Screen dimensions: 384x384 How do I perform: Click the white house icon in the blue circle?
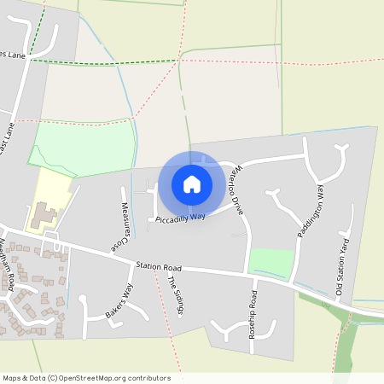(192, 183)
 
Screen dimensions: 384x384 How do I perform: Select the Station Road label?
(160, 266)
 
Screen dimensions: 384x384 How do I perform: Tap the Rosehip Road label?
(253, 314)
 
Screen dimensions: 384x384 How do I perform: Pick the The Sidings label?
(175, 294)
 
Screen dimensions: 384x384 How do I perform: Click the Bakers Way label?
(120, 303)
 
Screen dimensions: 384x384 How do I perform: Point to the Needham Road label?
(8, 264)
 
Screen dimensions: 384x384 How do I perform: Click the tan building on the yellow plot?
(42, 215)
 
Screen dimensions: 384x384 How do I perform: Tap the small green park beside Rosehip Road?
(271, 262)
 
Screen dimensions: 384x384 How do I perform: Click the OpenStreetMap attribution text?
(86, 378)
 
